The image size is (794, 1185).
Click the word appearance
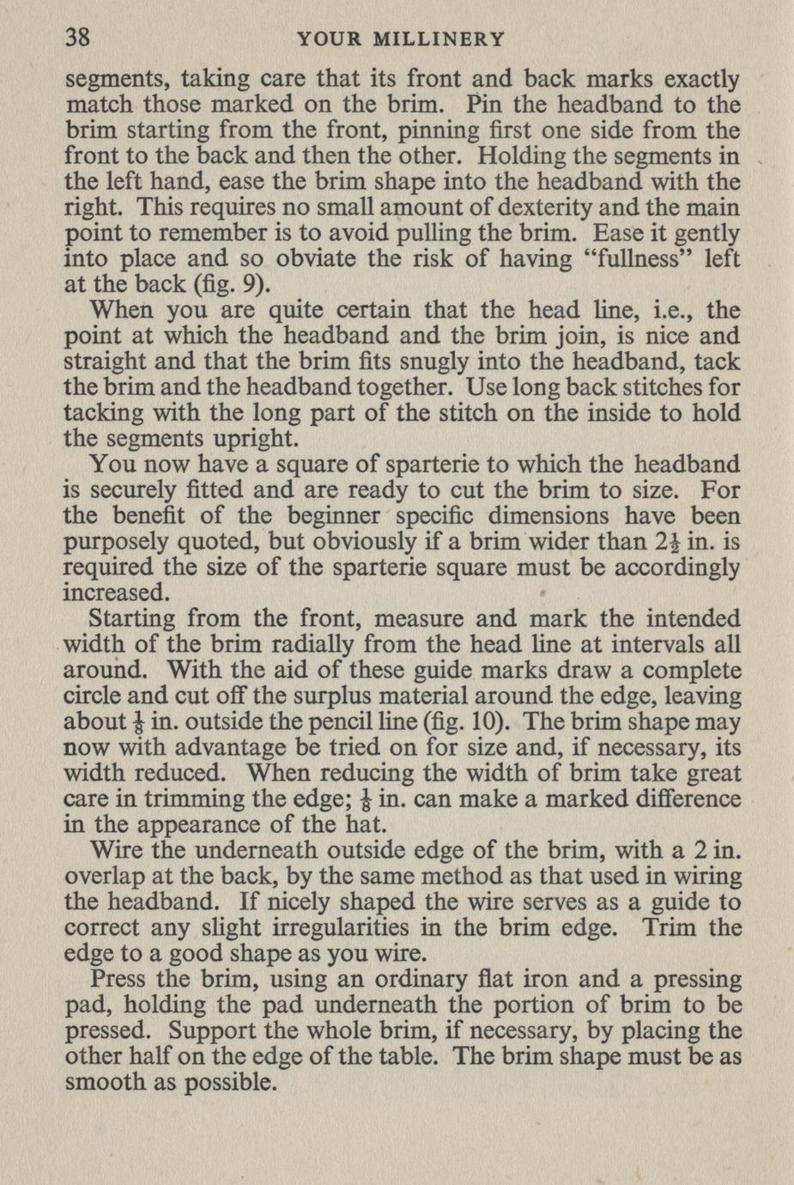click(208, 825)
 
